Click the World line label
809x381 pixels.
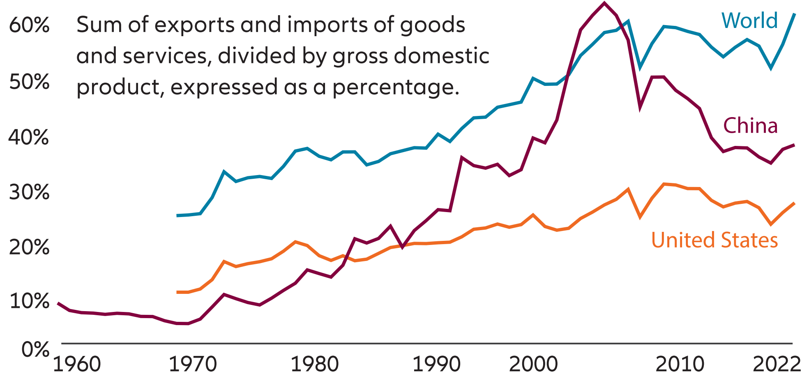tap(749, 21)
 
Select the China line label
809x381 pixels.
tap(750, 126)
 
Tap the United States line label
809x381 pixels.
tap(715, 240)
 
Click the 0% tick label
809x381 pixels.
tap(35, 350)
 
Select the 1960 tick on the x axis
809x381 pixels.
tap(77, 364)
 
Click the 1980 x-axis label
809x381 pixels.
tap(314, 364)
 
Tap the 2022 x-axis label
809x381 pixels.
tap(777, 364)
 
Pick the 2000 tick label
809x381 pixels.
tap(533, 364)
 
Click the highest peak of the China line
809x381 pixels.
tap(604, 3)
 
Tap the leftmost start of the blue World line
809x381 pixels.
tap(177, 215)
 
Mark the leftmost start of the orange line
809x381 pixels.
tap(177, 292)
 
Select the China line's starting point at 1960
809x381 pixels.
tap(58, 303)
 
